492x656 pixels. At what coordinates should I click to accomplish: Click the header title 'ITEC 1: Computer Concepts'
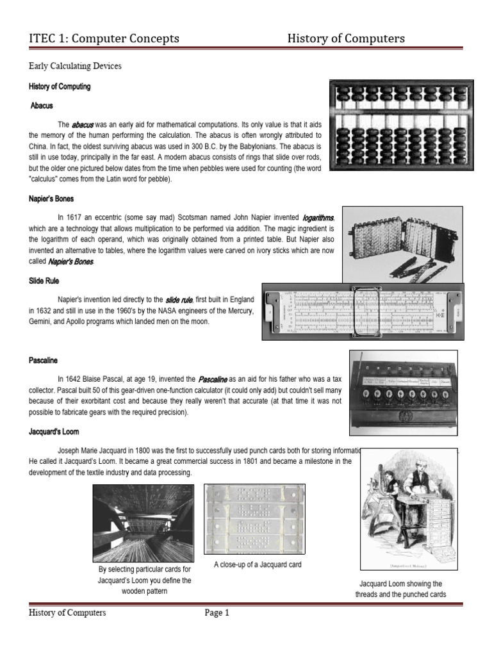click(x=104, y=39)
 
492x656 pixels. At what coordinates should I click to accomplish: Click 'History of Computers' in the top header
click(x=346, y=39)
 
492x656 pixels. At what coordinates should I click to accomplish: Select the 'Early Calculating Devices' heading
click(x=75, y=66)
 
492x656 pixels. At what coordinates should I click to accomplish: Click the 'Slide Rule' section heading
click(x=44, y=281)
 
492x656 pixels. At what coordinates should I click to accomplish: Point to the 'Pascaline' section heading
click(x=43, y=361)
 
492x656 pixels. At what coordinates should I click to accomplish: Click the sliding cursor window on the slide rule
click(x=367, y=312)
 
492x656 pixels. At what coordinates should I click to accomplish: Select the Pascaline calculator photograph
click(x=403, y=391)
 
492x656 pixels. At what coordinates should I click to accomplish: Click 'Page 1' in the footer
click(x=217, y=613)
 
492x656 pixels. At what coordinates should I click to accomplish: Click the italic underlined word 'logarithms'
click(x=319, y=218)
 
